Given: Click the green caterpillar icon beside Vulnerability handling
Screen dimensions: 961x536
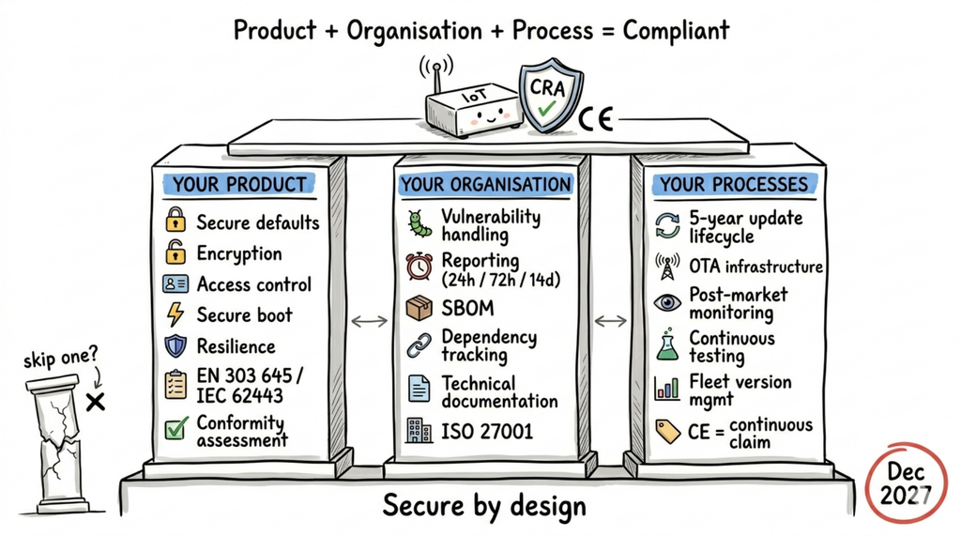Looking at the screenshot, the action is pyautogui.click(x=419, y=223).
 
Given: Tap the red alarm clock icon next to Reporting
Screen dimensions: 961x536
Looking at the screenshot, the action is pyautogui.click(x=419, y=266).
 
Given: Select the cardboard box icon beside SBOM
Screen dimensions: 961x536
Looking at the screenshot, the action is pyautogui.click(x=419, y=308).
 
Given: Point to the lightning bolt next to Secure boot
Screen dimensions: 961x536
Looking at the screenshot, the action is pyautogui.click(x=175, y=314).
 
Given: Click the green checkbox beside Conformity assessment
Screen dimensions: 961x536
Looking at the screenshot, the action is pyautogui.click(x=175, y=429).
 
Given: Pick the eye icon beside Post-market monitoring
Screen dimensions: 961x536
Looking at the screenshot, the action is pyautogui.click(x=667, y=302).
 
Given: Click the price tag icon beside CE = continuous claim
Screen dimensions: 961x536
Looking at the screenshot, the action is pyautogui.click(x=667, y=430).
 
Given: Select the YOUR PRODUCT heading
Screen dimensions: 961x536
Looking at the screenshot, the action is pyautogui.click(x=239, y=184).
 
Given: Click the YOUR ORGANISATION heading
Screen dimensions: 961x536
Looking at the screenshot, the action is pyautogui.click(x=485, y=184).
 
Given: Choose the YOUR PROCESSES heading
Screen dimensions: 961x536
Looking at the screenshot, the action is pyautogui.click(x=733, y=184).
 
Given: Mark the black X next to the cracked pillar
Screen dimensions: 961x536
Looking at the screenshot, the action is pyautogui.click(x=95, y=403).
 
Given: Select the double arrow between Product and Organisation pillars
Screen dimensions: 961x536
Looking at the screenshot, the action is pyautogui.click(x=369, y=321).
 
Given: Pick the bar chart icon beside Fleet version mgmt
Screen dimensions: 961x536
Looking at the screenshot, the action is pyautogui.click(x=667, y=387).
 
